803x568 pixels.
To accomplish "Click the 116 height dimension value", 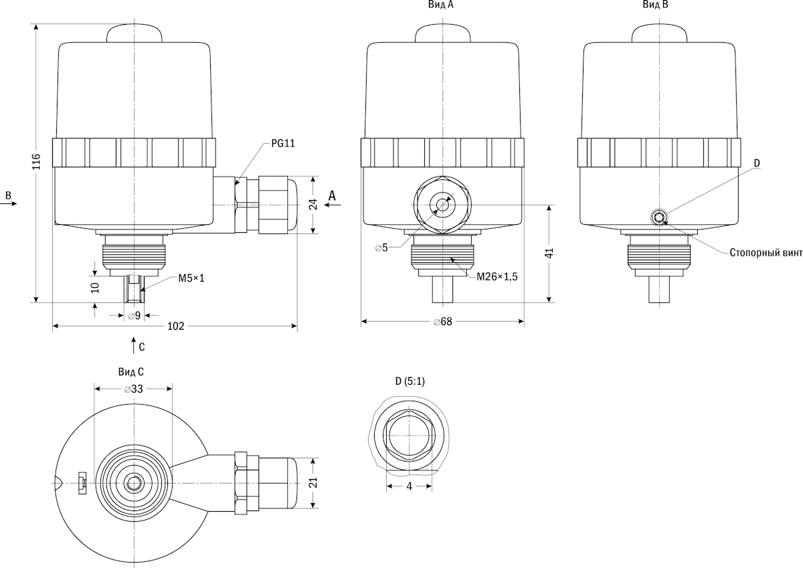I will tap(37, 161).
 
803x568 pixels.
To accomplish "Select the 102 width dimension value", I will tap(175, 326).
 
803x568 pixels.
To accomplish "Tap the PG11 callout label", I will tap(283, 143).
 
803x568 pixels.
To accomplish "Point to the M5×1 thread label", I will tap(191, 278).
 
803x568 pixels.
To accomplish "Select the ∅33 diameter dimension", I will tap(134, 389).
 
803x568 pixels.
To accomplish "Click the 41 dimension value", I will tap(549, 253).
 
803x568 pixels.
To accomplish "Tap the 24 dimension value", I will tap(313, 205).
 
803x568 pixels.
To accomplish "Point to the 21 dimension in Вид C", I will tap(313, 482).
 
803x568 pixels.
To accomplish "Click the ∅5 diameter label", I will tap(381, 248).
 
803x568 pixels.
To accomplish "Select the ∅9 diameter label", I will tap(135, 316).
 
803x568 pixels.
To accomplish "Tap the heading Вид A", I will tap(441, 5).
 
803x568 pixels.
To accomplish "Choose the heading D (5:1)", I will tap(410, 381).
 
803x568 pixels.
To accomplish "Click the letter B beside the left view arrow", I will tap(8, 195).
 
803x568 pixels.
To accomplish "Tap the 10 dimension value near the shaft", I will tap(95, 288).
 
